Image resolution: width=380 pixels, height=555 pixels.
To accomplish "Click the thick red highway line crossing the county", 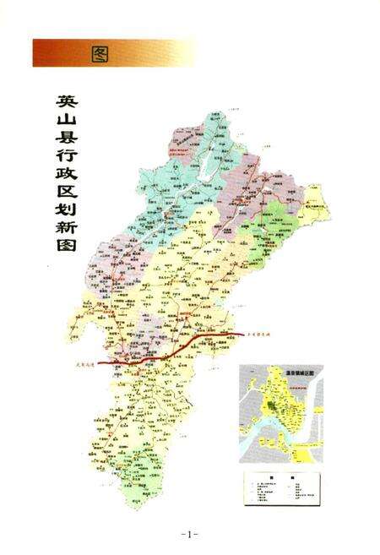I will (169, 351).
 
